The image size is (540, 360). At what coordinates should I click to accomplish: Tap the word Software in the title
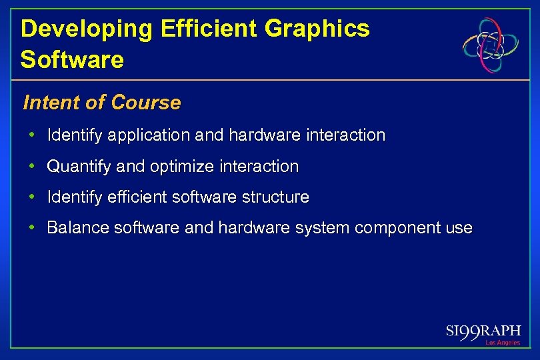[72, 59]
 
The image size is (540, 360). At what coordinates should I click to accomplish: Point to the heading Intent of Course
[101, 103]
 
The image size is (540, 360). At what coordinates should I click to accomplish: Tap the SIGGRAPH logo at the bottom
[483, 331]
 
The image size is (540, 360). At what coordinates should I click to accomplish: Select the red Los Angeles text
[503, 343]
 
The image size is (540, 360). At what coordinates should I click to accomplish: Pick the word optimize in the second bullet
[177, 166]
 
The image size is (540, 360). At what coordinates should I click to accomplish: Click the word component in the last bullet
[394, 228]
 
